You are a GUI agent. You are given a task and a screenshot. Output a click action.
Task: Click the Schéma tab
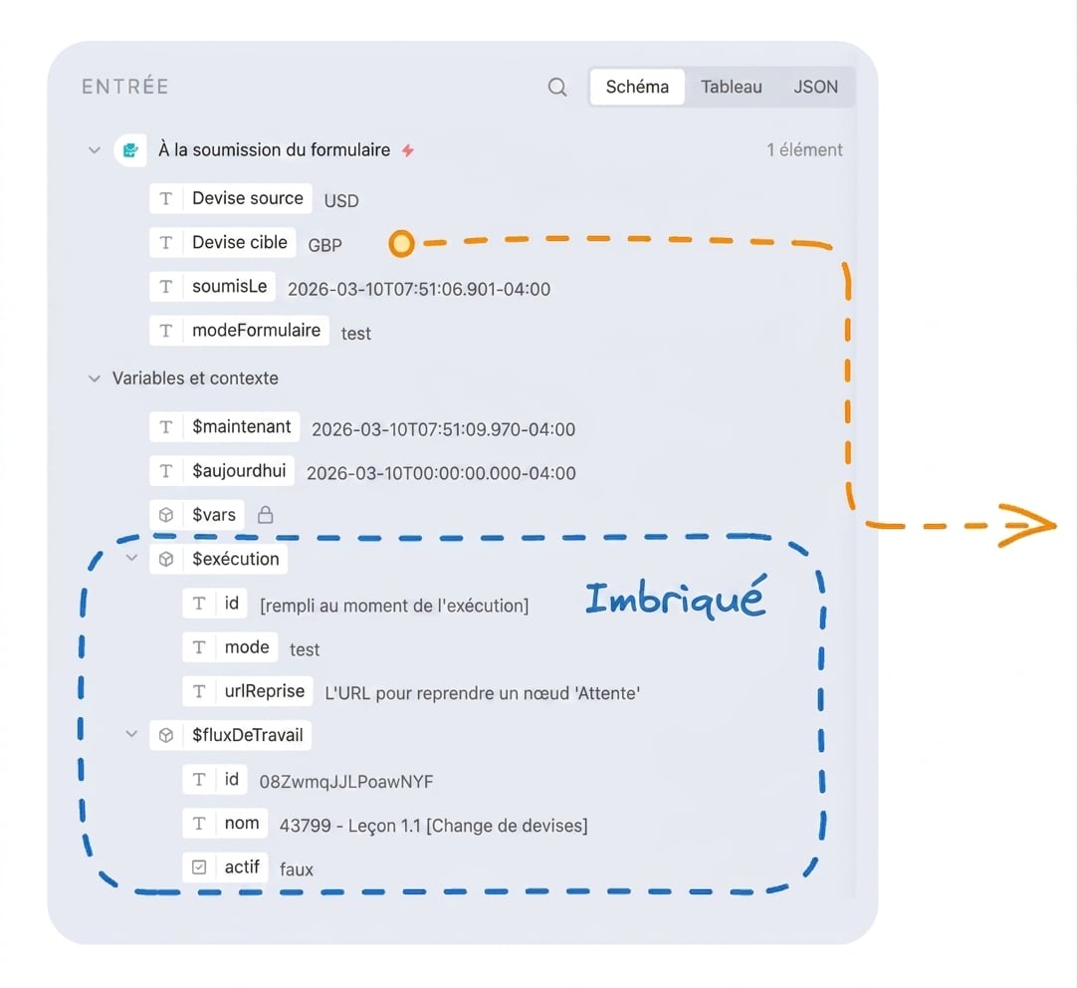637,87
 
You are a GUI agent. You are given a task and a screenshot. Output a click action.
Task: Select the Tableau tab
731,87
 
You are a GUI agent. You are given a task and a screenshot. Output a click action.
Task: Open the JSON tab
815,87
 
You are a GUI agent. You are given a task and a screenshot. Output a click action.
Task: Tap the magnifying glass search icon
557,88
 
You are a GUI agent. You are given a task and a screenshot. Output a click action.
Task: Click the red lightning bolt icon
408,149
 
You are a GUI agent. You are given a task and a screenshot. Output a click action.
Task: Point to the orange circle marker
401,243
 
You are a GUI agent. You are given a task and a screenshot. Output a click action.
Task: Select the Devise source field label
247,198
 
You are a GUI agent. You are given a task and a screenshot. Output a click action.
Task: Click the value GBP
324,245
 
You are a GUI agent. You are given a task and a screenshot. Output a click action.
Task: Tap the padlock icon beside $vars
265,515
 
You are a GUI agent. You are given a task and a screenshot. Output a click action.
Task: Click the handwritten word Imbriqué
675,597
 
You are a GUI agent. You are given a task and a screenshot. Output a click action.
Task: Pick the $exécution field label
236,560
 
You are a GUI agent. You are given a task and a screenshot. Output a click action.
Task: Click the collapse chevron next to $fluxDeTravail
131,734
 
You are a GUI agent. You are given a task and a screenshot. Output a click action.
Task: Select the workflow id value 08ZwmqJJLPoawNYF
346,782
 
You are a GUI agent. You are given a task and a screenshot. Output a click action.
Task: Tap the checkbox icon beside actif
199,867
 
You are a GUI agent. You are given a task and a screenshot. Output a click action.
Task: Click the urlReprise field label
265,691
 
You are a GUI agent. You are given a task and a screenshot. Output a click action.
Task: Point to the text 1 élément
804,149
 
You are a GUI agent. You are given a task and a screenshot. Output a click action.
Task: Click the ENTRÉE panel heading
125,87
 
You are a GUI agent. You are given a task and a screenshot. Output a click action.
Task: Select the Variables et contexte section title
195,378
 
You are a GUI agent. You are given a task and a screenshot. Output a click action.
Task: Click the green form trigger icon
129,149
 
